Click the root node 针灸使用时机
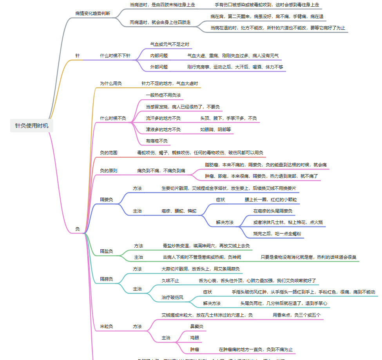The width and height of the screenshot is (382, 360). click(32, 126)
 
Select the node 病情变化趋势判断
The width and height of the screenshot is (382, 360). click(93, 13)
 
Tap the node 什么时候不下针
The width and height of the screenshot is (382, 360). click(115, 56)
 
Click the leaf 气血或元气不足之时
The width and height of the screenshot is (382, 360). click(170, 44)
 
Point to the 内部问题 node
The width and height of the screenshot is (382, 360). click(159, 56)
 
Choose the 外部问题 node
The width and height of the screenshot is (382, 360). click(159, 67)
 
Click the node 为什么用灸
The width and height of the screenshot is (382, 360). click(111, 83)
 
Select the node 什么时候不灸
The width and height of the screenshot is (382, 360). click(113, 118)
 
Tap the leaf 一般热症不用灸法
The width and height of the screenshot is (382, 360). click(163, 95)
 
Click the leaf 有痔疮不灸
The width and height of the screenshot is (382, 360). click(157, 141)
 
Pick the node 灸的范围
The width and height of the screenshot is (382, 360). click(109, 153)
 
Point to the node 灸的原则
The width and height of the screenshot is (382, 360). click(109, 171)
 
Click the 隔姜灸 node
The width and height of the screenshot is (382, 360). click(106, 200)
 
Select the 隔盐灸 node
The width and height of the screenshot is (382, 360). click(106, 251)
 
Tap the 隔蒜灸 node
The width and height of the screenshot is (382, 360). click(106, 279)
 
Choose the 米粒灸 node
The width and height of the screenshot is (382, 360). click(106, 326)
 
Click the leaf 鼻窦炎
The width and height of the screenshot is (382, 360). click(197, 326)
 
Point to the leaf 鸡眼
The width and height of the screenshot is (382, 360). click(195, 337)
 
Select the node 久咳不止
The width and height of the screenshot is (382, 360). click(170, 281)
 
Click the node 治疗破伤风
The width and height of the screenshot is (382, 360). click(172, 297)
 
